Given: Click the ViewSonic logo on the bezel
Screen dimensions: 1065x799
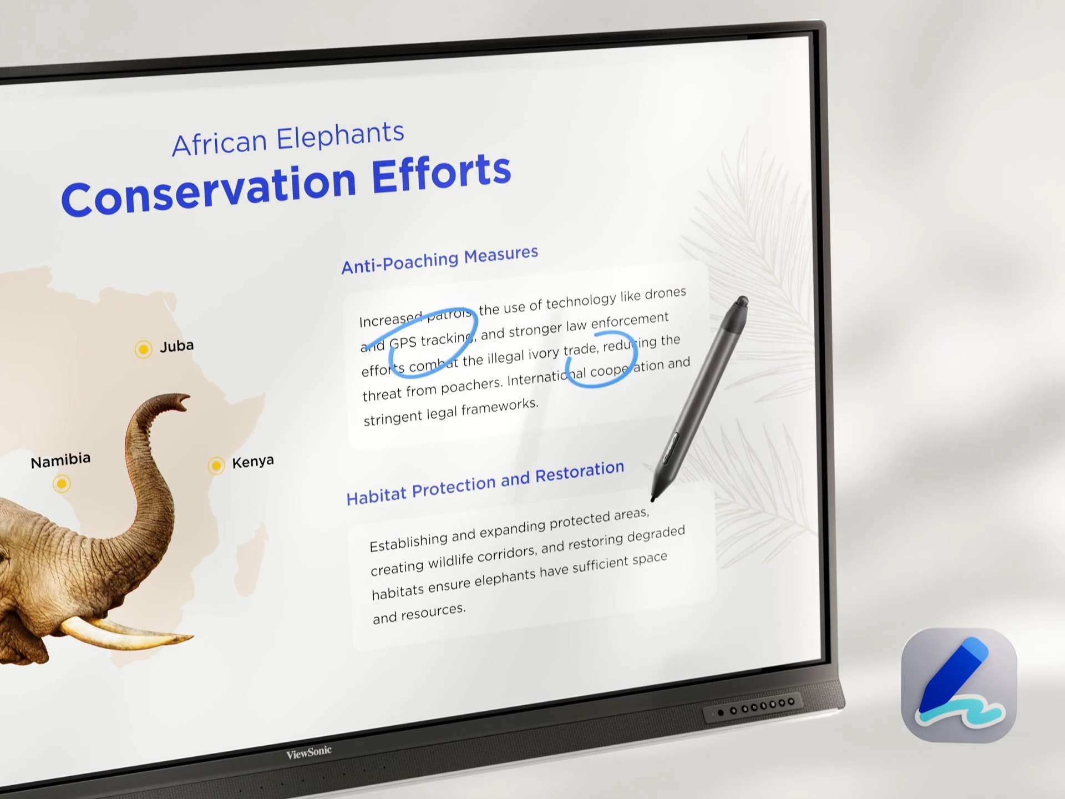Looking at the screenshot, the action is pos(309,752).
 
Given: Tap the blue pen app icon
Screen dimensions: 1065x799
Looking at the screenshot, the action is pos(959,685).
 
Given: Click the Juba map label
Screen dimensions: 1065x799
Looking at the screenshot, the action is pos(177,346).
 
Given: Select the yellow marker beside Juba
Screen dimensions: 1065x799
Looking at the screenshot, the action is pos(143,349).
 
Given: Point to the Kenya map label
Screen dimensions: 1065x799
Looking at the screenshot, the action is pos(253,462).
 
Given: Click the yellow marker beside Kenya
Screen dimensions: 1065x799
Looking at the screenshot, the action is pos(216,465).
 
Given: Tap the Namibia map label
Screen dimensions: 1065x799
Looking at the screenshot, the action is pos(60,460).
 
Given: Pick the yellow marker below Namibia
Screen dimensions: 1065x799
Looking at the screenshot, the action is pos(62,484).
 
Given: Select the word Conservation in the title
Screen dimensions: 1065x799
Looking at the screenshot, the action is pos(209,190).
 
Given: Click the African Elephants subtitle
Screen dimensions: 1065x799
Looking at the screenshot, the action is pos(288,139).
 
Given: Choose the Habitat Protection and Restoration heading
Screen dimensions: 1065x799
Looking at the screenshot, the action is pos(485,482).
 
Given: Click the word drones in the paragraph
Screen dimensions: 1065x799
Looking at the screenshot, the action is pos(665,294).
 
